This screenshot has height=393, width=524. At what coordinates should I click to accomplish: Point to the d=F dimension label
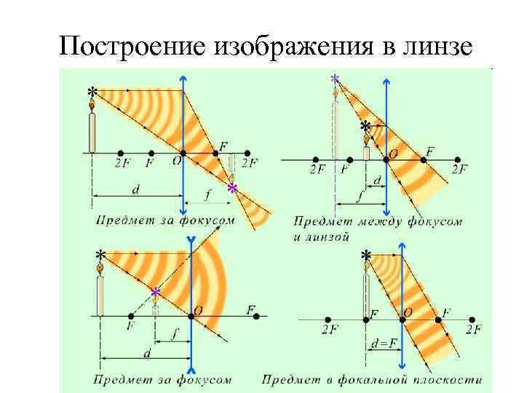(x=383, y=343)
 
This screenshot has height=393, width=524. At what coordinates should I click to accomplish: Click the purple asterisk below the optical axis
(x=232, y=188)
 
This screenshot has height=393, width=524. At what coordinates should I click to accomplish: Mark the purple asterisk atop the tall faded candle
(x=335, y=78)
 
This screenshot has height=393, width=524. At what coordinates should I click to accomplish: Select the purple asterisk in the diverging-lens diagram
(x=156, y=293)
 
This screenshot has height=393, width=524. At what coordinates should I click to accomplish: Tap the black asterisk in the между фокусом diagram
(x=365, y=126)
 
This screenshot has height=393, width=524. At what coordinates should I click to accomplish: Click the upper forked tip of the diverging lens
(x=191, y=239)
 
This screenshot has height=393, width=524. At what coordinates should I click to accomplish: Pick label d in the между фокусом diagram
(x=376, y=178)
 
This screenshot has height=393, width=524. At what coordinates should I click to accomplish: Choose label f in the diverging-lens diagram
(x=173, y=336)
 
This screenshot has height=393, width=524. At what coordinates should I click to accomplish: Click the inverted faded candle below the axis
(x=232, y=167)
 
